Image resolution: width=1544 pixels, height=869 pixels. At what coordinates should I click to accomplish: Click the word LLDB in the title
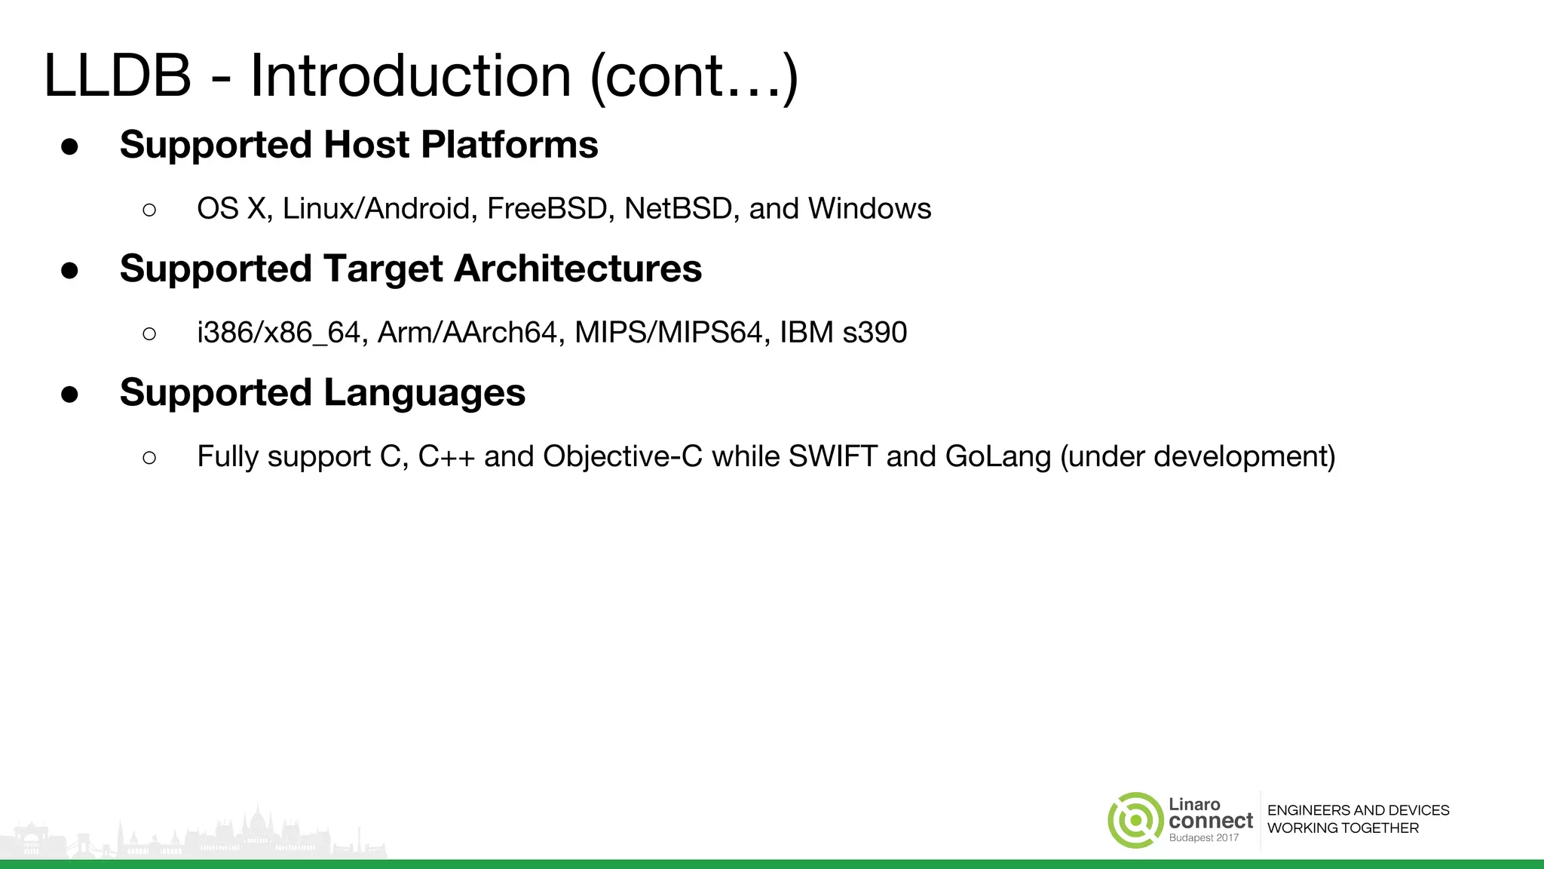(118, 76)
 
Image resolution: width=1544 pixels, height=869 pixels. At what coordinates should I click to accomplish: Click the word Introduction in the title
(410, 76)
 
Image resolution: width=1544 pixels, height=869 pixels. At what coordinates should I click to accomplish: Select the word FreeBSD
(547, 209)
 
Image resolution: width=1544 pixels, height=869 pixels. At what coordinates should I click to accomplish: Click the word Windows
(869, 209)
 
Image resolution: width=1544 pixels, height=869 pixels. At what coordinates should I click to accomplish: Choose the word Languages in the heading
(424, 393)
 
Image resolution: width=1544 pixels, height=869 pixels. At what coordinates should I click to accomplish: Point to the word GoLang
(997, 457)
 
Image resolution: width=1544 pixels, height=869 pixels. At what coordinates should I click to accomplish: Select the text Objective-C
(622, 457)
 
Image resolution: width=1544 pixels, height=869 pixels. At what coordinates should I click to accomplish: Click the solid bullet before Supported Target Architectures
(70, 271)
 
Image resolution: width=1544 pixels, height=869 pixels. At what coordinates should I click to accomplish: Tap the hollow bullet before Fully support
(149, 458)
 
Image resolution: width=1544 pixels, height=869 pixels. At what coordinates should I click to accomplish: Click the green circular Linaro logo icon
(1135, 821)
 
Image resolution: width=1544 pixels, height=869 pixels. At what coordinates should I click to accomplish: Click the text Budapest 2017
(1203, 838)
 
